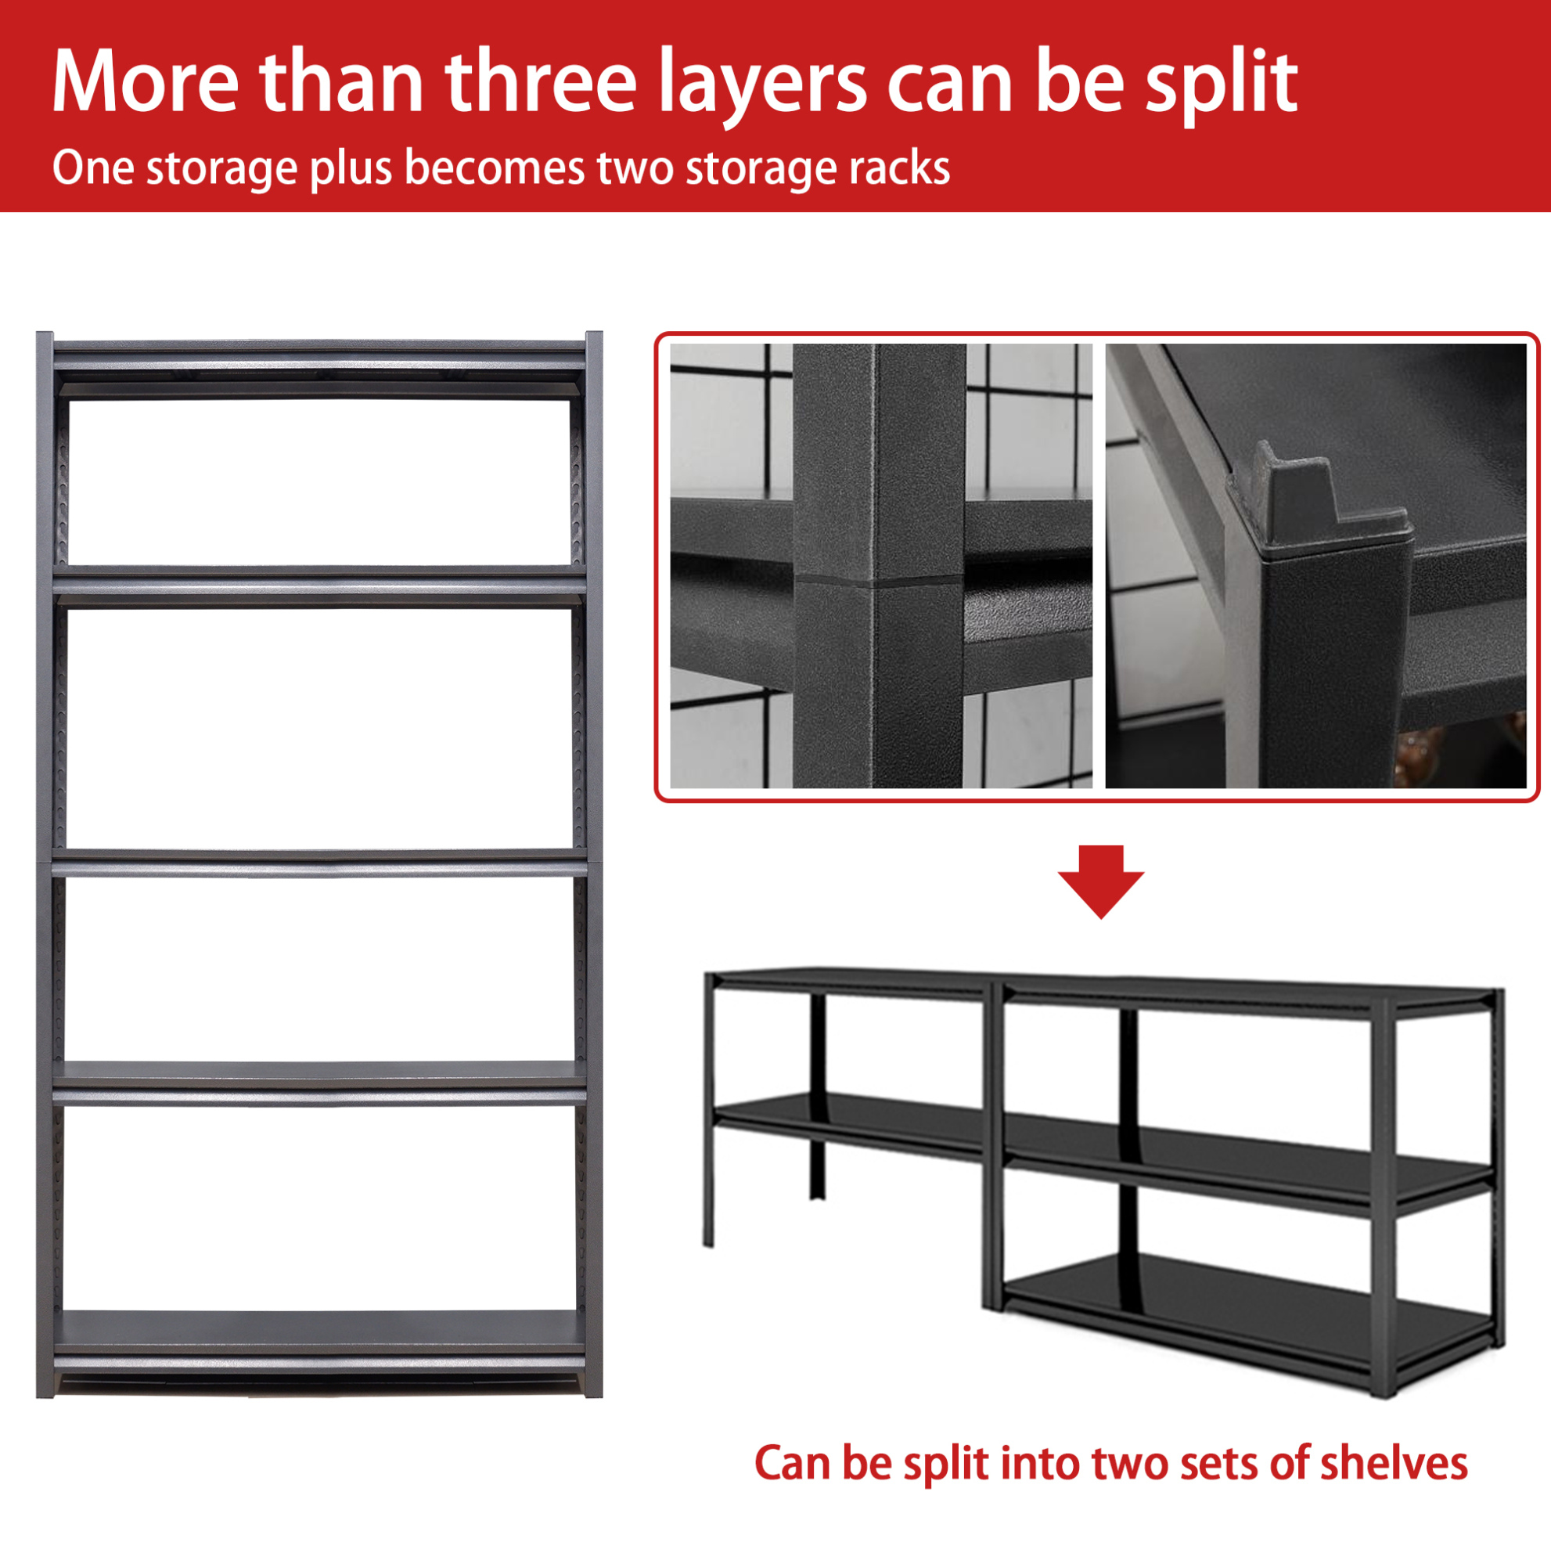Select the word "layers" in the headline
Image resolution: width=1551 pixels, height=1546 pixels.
[763, 86]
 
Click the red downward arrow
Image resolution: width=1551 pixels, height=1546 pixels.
[1100, 881]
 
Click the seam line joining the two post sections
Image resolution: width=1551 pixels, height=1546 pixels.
[879, 579]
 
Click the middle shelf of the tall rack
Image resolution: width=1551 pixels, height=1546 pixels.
[318, 863]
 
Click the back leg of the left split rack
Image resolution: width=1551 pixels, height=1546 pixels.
[817, 1096]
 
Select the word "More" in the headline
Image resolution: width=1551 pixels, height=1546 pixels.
[146, 81]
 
